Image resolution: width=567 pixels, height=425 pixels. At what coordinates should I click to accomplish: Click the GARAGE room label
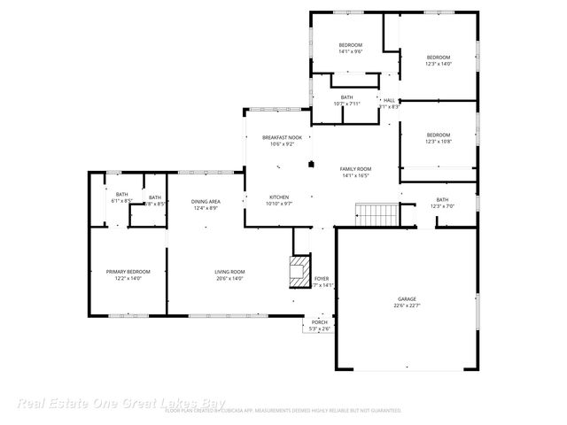[407, 299]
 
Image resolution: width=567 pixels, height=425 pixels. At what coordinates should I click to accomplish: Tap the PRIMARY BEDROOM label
[128, 272]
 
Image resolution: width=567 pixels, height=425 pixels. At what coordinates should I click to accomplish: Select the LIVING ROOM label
[229, 272]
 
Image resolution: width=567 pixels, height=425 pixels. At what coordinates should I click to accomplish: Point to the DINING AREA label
[206, 202]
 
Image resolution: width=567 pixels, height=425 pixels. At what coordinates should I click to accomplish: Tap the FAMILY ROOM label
[356, 168]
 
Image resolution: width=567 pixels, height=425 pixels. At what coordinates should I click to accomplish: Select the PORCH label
[319, 322]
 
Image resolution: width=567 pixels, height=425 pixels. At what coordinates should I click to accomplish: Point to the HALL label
[389, 100]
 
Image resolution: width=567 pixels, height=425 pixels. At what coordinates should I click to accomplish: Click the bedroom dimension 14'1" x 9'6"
[350, 51]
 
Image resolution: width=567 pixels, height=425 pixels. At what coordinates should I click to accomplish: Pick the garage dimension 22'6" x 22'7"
[407, 305]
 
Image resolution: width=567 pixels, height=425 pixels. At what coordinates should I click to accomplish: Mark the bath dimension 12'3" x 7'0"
[442, 206]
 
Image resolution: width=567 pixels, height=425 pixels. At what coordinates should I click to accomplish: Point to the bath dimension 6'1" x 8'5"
[122, 201]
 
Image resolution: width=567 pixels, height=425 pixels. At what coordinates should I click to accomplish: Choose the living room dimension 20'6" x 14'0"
[229, 278]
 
